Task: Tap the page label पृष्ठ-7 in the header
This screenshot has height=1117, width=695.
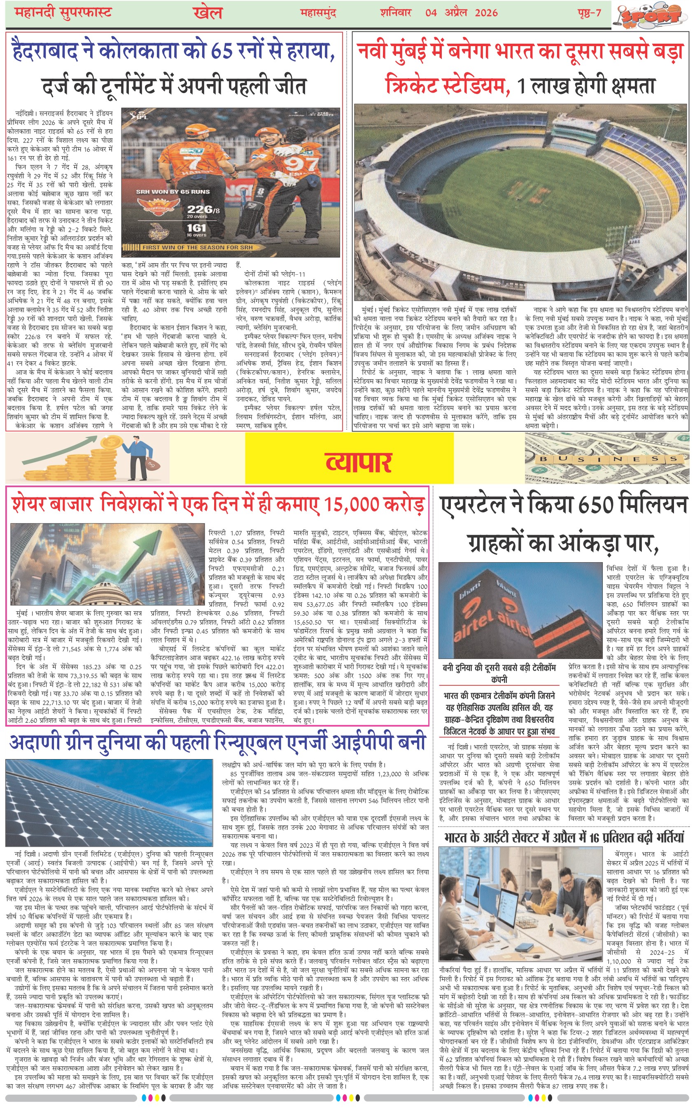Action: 589,12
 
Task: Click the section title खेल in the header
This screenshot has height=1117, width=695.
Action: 208,12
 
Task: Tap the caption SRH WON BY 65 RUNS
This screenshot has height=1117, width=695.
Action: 173,191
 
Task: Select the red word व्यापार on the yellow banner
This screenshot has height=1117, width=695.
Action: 358,462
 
